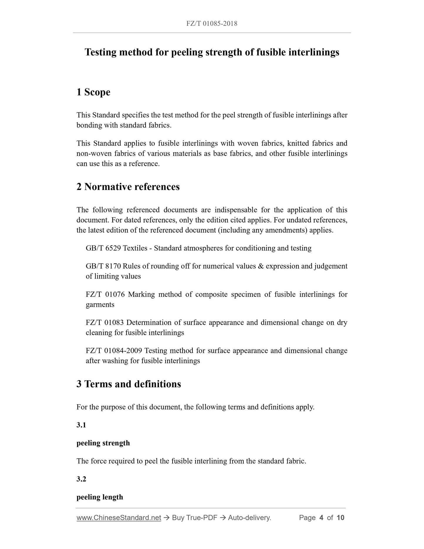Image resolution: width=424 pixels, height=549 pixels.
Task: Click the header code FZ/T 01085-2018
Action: pyautogui.click(x=212, y=23)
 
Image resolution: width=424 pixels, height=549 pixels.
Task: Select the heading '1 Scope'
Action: pyautogui.click(x=93, y=92)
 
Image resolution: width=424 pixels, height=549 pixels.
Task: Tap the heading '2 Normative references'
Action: pyautogui.click(x=128, y=187)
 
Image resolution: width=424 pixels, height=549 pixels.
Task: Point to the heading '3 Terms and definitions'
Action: pyautogui.click(x=129, y=384)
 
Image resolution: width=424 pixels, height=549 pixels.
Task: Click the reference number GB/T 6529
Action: pyautogui.click(x=103, y=248)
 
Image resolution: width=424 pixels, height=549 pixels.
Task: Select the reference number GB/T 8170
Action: pyautogui.click(x=103, y=266)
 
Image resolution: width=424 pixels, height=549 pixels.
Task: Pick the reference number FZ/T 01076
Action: pyautogui.click(x=105, y=294)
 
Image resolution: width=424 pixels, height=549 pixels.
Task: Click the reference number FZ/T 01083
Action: pyautogui.click(x=104, y=322)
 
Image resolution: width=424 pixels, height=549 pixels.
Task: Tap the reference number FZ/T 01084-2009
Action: pyautogui.click(x=114, y=351)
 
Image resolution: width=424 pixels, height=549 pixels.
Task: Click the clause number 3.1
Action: pyautogui.click(x=81, y=425)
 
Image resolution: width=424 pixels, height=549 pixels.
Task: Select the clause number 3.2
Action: pyautogui.click(x=81, y=479)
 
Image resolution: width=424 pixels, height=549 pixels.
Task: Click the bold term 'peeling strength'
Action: pyautogui.click(x=103, y=443)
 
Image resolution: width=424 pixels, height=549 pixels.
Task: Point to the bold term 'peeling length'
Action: pyautogui.click(x=100, y=497)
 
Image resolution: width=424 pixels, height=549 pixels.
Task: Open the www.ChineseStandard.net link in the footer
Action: pyautogui.click(x=119, y=518)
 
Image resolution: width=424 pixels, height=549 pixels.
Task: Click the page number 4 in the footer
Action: pyautogui.click(x=321, y=518)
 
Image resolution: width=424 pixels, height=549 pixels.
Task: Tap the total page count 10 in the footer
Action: pyautogui.click(x=340, y=518)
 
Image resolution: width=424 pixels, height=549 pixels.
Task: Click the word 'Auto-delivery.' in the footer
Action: pyautogui.click(x=249, y=518)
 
